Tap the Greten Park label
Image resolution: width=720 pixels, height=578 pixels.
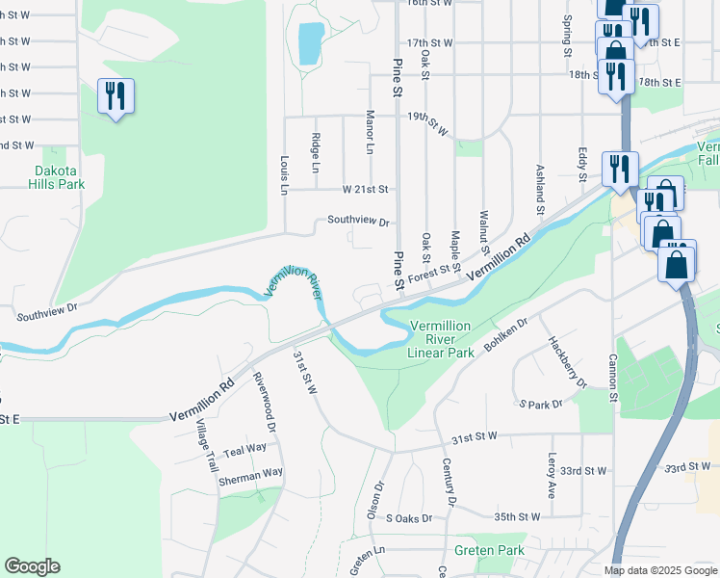pyautogui.click(x=489, y=551)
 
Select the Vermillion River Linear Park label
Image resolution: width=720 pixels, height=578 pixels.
pyautogui.click(x=441, y=339)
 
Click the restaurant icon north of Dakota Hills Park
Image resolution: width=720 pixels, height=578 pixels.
pyautogui.click(x=116, y=95)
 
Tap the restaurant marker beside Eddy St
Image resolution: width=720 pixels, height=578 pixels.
pyautogui.click(x=621, y=168)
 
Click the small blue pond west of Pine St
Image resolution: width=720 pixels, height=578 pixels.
pyautogui.click(x=311, y=43)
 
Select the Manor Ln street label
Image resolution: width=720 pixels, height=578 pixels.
pyautogui.click(x=370, y=132)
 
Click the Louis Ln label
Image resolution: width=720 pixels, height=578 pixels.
pyautogui.click(x=284, y=175)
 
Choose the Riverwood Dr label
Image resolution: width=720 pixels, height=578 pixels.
pyautogui.click(x=265, y=402)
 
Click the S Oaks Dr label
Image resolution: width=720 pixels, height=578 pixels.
pyautogui.click(x=410, y=518)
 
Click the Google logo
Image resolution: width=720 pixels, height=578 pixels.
pyautogui.click(x=32, y=566)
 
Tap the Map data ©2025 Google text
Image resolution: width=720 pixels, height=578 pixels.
pyautogui.click(x=659, y=570)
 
